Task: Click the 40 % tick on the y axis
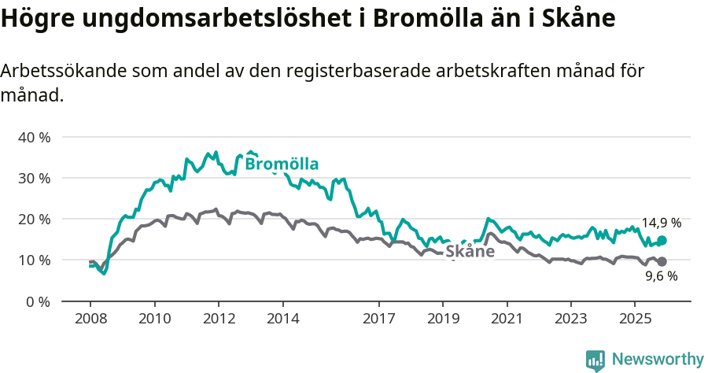pyautogui.click(x=34, y=137)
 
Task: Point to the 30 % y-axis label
pyautogui.click(x=34, y=178)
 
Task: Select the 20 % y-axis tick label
pyautogui.click(x=34, y=219)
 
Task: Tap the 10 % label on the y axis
pyautogui.click(x=34, y=260)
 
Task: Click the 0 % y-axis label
pyautogui.click(x=38, y=301)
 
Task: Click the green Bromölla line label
pyautogui.click(x=282, y=164)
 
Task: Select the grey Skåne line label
pyautogui.click(x=470, y=252)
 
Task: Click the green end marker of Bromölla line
pyautogui.click(x=662, y=240)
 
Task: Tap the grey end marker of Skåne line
pyautogui.click(x=662, y=261)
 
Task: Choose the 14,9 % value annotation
pyautogui.click(x=661, y=223)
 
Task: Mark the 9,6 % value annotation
pyautogui.click(x=661, y=276)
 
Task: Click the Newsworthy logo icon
pyautogui.click(x=596, y=360)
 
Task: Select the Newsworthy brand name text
pyautogui.click(x=658, y=360)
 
